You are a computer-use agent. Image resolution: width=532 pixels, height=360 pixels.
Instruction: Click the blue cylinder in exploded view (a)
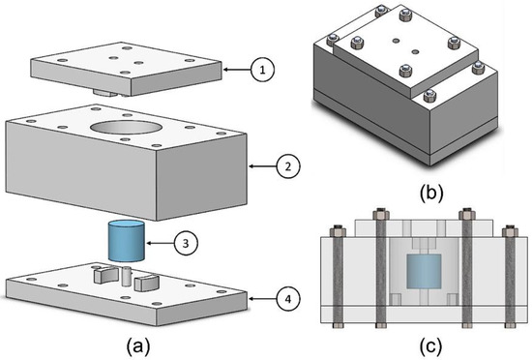pos(126,240)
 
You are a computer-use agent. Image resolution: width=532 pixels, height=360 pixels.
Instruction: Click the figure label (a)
pos(134,341)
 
